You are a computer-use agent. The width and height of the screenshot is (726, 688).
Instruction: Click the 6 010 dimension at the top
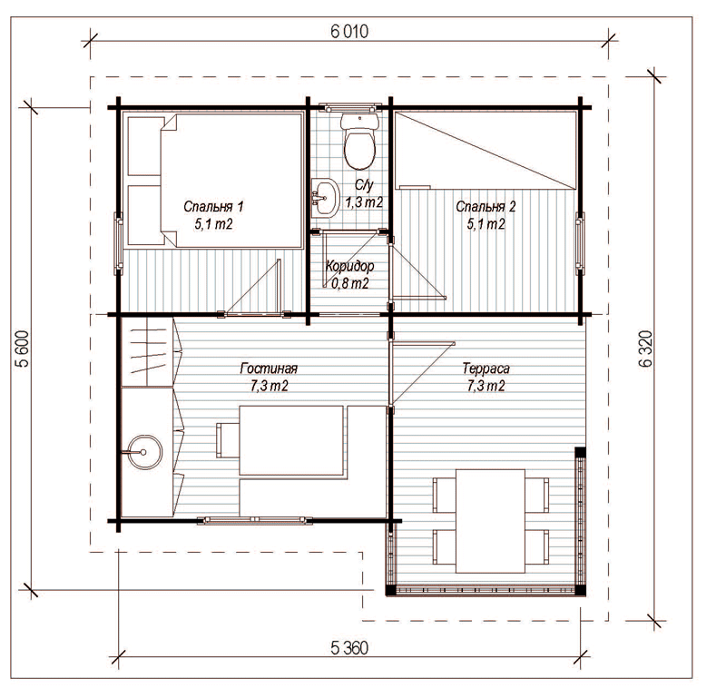[349, 31]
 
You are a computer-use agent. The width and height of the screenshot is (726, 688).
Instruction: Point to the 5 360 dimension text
[349, 648]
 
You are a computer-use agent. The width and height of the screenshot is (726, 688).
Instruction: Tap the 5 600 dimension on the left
[23, 349]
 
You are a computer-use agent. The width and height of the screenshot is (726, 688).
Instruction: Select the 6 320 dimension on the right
[645, 349]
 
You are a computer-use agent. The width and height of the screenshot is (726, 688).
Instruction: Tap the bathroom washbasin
[325, 198]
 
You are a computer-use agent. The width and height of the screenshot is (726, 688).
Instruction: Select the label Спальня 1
[213, 206]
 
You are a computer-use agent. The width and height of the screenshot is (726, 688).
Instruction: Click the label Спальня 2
[486, 206]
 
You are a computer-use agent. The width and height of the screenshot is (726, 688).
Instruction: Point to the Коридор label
[349, 266]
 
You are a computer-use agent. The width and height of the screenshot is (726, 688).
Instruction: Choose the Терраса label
[486, 369]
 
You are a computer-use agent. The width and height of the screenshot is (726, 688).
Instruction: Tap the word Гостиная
[269, 369]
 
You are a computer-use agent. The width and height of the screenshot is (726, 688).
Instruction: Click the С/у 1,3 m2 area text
[364, 193]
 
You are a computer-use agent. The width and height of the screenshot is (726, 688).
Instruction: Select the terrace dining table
[490, 521]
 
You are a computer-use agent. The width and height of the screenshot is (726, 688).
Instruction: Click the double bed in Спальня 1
[231, 181]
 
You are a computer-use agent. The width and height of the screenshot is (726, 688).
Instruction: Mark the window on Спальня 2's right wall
[580, 240]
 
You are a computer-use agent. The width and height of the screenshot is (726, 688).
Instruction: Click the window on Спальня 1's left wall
[119, 243]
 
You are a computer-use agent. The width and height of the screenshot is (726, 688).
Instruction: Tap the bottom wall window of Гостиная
[254, 520]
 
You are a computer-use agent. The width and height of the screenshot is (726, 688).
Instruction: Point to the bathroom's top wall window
[350, 107]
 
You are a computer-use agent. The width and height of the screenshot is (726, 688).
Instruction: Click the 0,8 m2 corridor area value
[349, 283]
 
